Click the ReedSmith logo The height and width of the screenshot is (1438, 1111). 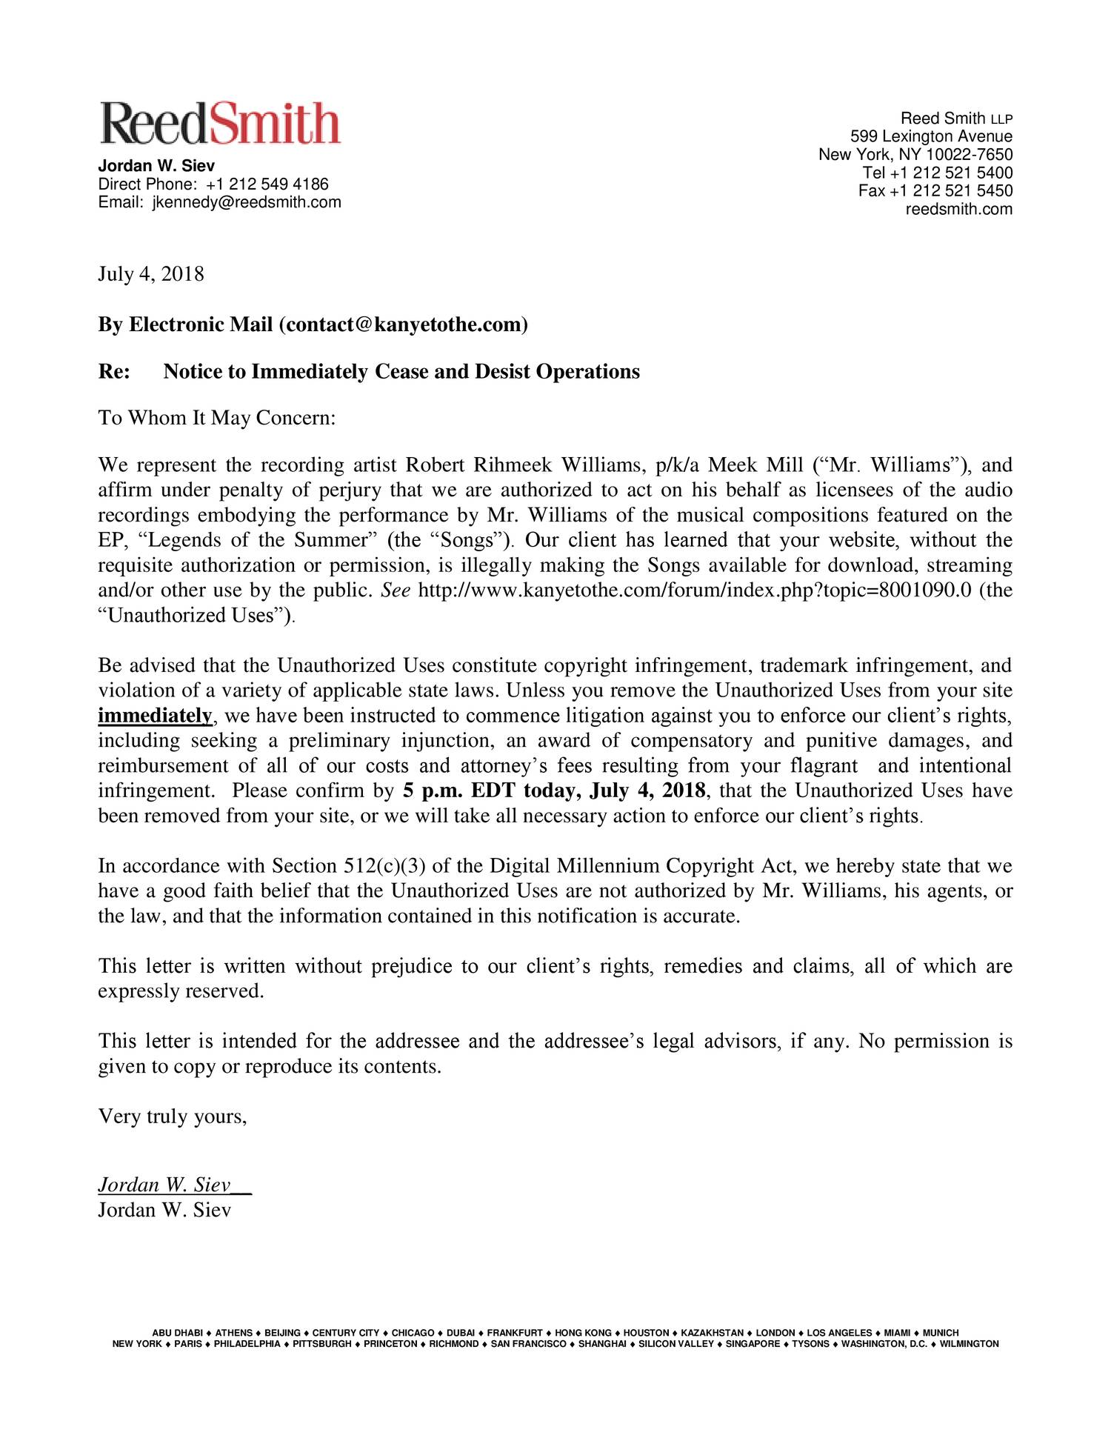coord(220,123)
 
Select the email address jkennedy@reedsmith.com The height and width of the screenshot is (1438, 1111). coord(247,202)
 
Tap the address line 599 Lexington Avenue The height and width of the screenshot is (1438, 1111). coord(930,136)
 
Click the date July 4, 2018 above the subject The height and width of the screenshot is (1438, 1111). coord(150,274)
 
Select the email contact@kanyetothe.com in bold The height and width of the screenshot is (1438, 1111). coord(402,324)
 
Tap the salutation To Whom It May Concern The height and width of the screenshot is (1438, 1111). coord(217,418)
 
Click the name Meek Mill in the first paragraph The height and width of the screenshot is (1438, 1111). coord(755,465)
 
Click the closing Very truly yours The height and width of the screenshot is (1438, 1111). coord(172,1116)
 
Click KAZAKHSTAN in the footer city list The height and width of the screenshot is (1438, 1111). coord(712,1333)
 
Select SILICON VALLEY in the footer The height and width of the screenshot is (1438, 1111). coord(675,1344)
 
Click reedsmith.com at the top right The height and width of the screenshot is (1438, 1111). coord(958,209)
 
